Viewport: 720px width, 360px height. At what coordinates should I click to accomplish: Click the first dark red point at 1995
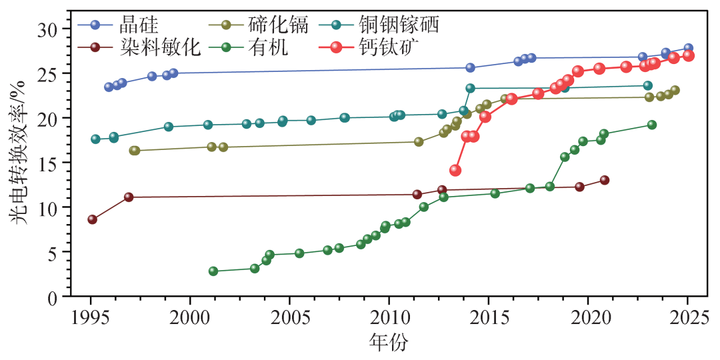tap(92, 219)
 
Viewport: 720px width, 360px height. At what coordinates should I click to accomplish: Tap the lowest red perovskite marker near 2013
tap(455, 170)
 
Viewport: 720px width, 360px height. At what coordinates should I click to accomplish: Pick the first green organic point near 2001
tap(213, 271)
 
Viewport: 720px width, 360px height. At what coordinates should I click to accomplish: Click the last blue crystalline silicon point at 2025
tap(688, 49)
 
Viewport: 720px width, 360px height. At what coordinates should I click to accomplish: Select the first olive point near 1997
tap(134, 151)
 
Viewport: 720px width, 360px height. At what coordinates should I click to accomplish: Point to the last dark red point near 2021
tap(604, 180)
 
